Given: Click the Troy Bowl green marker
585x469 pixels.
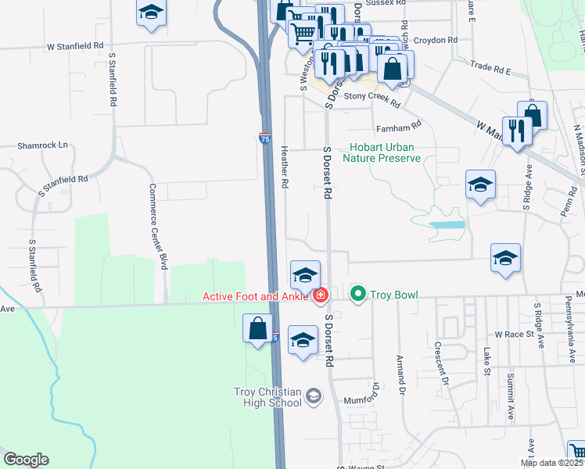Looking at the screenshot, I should coord(358,295).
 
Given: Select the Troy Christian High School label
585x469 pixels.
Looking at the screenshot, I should coord(267,397).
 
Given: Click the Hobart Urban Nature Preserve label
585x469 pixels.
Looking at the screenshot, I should coord(385,152).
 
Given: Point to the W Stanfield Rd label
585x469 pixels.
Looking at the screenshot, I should coord(75,47).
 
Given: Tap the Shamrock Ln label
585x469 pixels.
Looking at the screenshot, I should coord(43,145).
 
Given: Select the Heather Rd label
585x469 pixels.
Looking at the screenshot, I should coord(285,166).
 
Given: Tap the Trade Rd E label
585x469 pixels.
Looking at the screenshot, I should coord(490,70).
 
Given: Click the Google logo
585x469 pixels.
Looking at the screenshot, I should coord(26,460).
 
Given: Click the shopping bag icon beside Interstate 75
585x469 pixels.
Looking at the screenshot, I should coord(258,329).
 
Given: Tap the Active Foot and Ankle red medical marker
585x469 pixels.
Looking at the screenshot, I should coord(320,295).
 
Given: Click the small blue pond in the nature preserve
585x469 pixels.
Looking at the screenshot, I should coord(447,224).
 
